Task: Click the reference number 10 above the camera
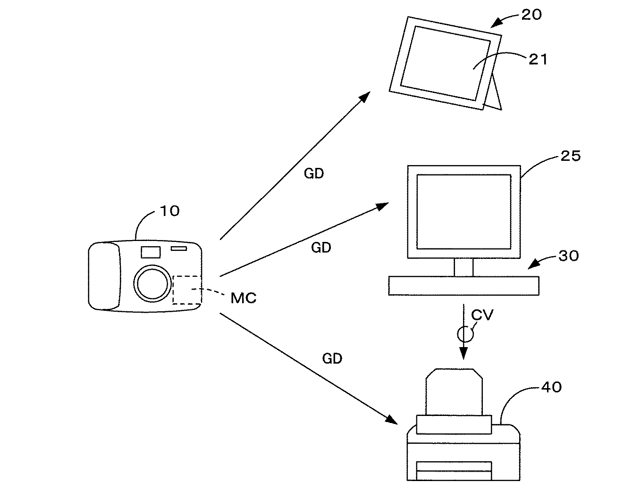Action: pos(169,211)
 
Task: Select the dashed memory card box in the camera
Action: pos(187,290)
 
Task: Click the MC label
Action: pos(244,298)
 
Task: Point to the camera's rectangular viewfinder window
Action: pos(151,252)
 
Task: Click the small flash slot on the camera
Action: pos(179,249)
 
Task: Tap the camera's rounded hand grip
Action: pos(104,276)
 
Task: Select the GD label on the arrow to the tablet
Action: pos(314,174)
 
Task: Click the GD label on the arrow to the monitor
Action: pos(321,248)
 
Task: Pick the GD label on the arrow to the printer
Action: pos(332,359)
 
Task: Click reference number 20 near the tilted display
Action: pos(531,15)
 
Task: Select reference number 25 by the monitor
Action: pos(570,156)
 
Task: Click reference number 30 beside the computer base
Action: pos(568,256)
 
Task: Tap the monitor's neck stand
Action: pos(463,267)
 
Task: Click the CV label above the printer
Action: pos(482,315)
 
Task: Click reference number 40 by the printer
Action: pos(551,387)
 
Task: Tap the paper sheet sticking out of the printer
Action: pos(454,391)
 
